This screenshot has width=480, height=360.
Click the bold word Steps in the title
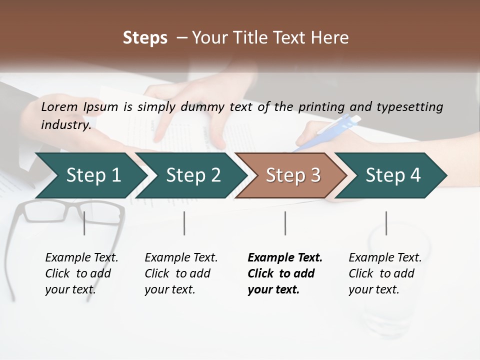point(145,38)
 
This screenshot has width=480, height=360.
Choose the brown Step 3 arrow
point(293,175)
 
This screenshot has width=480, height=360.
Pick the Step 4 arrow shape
point(393,175)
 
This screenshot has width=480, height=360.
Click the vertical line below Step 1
point(84,223)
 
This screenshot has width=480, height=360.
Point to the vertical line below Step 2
point(184,223)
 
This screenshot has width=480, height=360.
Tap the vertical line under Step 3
point(285,223)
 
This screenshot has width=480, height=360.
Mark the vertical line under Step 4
point(386,223)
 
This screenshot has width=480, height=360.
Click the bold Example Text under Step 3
point(285,258)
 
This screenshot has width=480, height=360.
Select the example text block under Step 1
point(81,273)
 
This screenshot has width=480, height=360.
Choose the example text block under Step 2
point(181,273)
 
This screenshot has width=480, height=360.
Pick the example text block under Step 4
point(385,273)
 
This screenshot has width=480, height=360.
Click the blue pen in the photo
point(330,131)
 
